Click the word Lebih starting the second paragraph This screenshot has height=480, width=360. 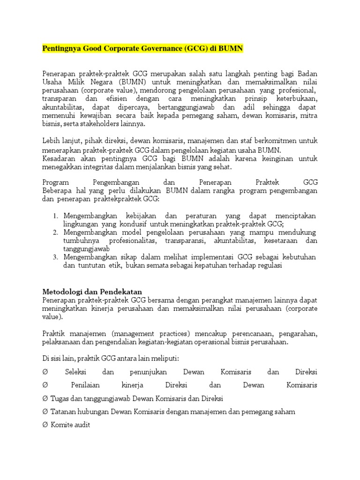click(51, 141)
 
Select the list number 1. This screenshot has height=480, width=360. click(55, 216)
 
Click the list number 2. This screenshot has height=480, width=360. click(55, 233)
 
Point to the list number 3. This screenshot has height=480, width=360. click(55, 257)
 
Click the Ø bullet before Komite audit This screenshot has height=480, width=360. click(45, 425)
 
